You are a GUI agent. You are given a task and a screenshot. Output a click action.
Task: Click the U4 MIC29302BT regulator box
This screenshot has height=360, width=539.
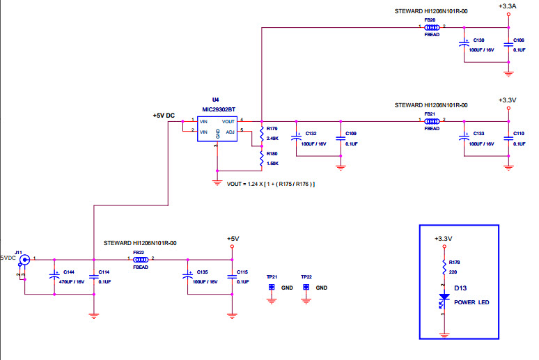pos(217,130)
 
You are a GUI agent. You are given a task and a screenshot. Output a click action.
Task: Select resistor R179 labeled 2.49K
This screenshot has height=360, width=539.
pos(261,133)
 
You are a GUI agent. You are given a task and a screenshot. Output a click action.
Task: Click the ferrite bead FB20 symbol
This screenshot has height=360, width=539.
pos(432,28)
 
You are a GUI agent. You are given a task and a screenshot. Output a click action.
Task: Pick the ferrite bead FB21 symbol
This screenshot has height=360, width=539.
pos(432,120)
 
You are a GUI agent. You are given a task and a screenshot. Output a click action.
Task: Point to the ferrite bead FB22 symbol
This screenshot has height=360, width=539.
pos(140,259)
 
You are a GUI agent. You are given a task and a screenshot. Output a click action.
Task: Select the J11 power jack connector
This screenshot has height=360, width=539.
pos(24,260)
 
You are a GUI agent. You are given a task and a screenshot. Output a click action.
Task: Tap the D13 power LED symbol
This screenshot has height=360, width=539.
pos(444,297)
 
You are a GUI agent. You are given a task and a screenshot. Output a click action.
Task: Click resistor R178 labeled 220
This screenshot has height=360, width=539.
pos(444,267)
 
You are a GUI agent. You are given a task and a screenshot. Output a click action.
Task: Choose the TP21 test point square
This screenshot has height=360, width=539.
pos(272,287)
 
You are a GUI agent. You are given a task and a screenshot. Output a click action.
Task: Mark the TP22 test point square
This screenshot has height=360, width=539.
pos(306,287)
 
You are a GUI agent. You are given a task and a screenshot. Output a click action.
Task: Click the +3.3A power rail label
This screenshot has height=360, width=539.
pos(508,6)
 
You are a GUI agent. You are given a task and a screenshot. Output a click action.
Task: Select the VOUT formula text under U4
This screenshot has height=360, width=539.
pos(272,184)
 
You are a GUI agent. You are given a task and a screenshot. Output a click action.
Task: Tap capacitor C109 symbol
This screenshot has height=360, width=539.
pos(341,138)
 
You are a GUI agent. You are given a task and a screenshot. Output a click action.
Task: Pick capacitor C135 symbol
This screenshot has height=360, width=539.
pos(187,276)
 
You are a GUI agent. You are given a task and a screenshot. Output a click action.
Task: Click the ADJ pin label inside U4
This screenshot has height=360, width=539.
pos(230,131)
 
